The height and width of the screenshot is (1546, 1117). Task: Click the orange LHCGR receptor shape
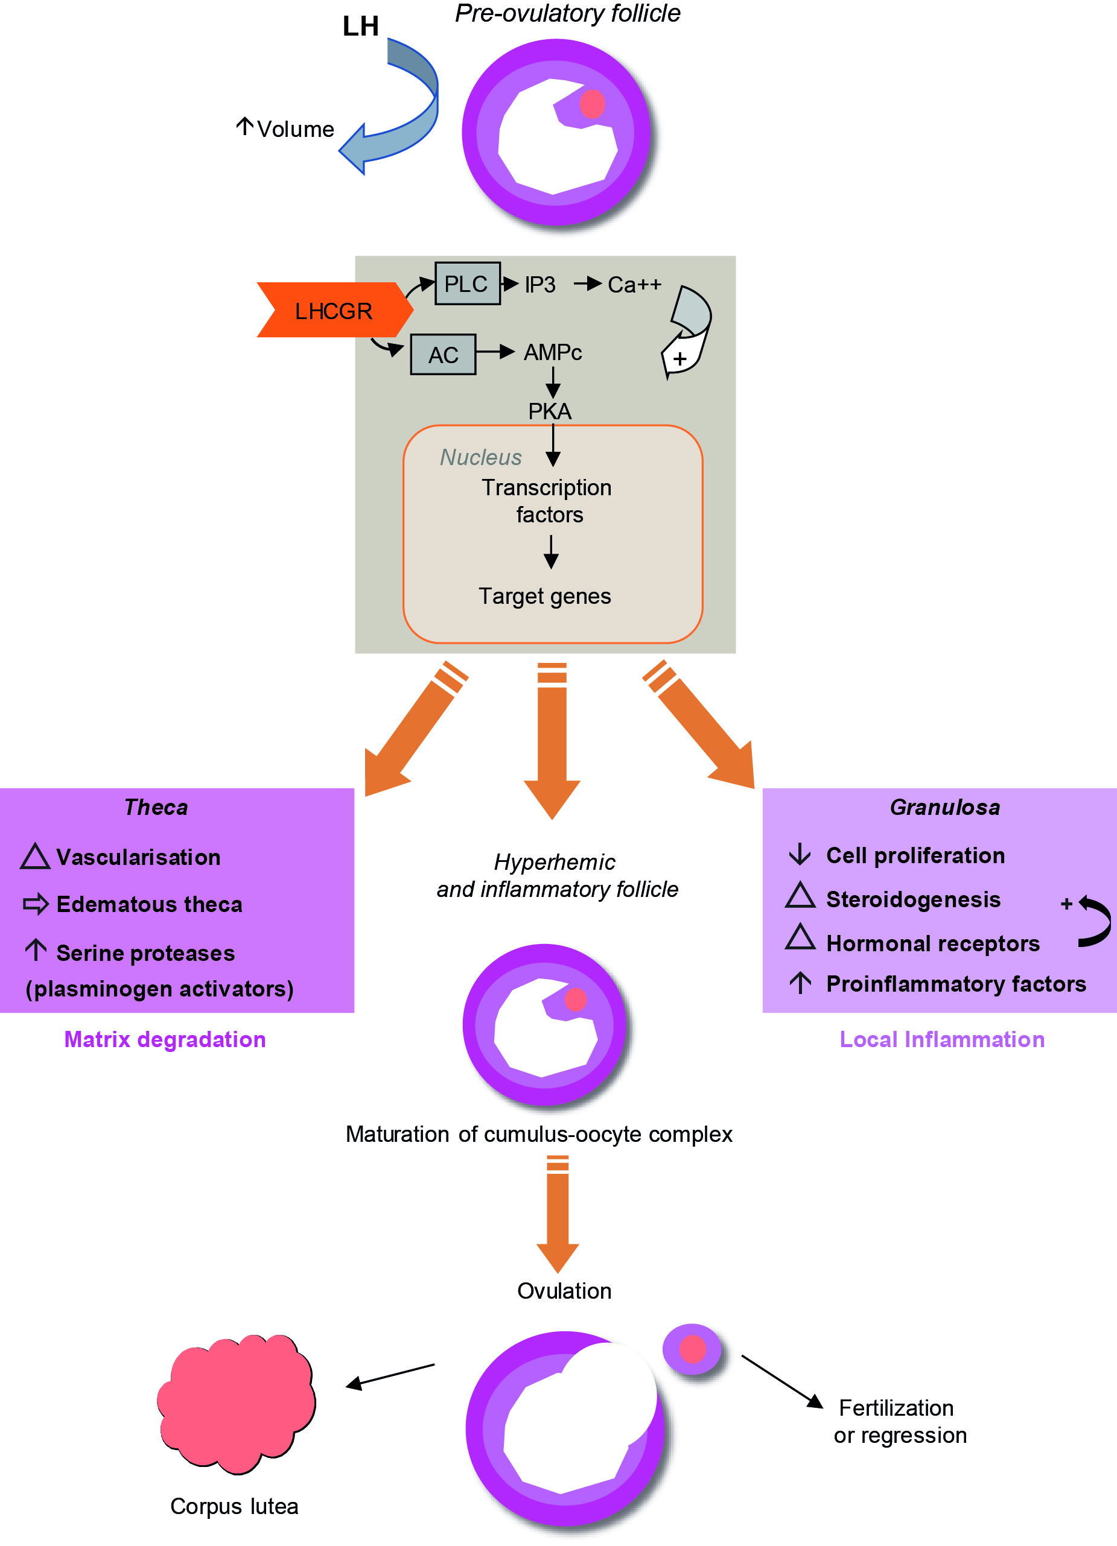[333, 310]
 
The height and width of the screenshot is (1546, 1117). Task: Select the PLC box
[467, 284]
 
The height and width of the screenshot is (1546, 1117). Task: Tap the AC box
[442, 355]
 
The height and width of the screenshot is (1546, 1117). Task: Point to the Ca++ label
[634, 284]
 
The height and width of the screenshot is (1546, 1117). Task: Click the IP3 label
[539, 284]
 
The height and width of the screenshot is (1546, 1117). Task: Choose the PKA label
[550, 411]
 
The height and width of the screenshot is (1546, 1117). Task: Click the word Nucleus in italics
[481, 457]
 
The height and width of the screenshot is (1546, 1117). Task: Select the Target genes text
[544, 596]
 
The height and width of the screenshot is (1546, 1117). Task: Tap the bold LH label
[360, 26]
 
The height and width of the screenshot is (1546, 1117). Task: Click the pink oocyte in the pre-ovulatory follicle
[592, 104]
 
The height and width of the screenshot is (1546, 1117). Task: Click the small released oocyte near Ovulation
[692, 1349]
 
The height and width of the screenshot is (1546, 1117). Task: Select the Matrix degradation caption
[164, 1039]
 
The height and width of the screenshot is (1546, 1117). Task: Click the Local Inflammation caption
[941, 1039]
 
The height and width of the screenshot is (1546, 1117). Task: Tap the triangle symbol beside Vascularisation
[36, 857]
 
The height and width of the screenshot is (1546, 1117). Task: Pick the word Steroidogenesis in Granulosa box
[912, 899]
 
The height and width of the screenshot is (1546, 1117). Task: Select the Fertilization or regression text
[899, 1421]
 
